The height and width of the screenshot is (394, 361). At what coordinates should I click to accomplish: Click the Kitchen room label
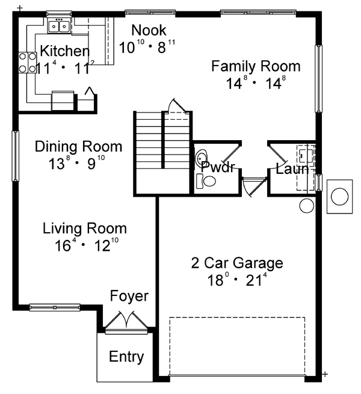click(x=64, y=51)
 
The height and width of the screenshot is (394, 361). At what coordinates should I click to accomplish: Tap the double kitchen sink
click(x=60, y=26)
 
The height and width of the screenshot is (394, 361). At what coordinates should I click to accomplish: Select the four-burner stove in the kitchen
click(x=28, y=63)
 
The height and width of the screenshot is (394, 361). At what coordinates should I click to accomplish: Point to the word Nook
click(x=149, y=30)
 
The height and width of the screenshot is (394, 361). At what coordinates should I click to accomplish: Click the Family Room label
click(x=256, y=66)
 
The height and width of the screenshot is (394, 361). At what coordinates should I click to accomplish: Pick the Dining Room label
click(x=78, y=147)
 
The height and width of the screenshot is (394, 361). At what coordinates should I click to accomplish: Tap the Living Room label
click(x=85, y=229)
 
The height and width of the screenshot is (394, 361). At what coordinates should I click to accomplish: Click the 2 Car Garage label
click(x=237, y=263)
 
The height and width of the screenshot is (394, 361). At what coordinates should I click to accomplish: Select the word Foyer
click(x=129, y=296)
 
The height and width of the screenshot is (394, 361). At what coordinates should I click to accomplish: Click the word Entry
click(x=126, y=357)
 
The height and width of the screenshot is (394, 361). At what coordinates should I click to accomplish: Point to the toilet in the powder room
click(x=206, y=180)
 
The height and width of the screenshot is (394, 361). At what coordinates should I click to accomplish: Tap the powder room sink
click(x=202, y=158)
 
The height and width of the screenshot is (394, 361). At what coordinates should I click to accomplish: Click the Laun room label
click(x=292, y=169)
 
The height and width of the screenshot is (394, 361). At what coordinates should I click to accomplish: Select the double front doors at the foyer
click(x=126, y=322)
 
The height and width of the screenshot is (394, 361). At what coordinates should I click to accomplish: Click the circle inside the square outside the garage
click(x=339, y=197)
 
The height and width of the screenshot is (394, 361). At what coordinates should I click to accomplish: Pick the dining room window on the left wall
click(x=15, y=156)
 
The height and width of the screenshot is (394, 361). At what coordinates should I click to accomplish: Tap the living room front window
click(x=55, y=307)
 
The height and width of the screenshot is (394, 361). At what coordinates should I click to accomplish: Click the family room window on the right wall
click(x=318, y=79)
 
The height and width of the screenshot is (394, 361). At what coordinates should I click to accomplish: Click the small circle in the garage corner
click(x=307, y=206)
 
